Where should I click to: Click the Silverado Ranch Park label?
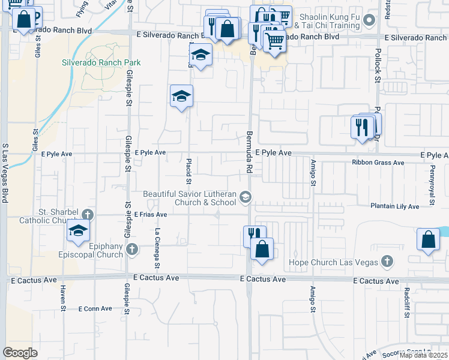pyautogui.click(x=101, y=62)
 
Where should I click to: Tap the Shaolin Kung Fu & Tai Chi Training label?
pyautogui.click(x=331, y=22)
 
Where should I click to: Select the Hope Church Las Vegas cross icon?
pyautogui.click(x=387, y=262)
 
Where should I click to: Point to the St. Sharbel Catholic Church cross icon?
pyautogui.click(x=88, y=214)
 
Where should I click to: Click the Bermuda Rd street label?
pyautogui.click(x=248, y=153)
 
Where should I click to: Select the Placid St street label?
pyautogui.click(x=188, y=171)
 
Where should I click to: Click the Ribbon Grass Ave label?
pyautogui.click(x=378, y=163)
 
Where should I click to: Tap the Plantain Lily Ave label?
pyautogui.click(x=394, y=206)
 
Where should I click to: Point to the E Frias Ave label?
pyautogui.click(x=151, y=214)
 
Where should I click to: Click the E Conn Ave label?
pyautogui.click(x=95, y=308)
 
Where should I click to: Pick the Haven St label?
pyautogui.click(x=62, y=295)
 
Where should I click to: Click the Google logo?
pyautogui.click(x=20, y=352)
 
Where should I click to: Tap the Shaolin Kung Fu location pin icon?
pyautogui.click(x=370, y=20)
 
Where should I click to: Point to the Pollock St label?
pyautogui.click(x=378, y=66)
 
